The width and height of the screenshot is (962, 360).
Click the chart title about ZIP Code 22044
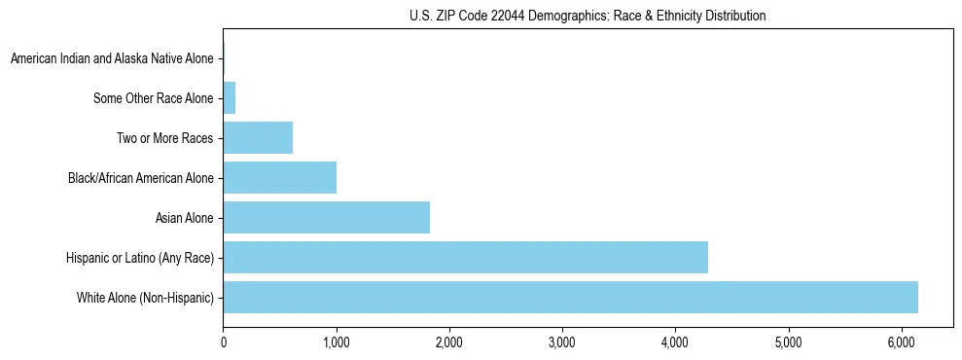(588, 16)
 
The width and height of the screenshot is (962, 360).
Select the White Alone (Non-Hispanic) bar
(570, 297)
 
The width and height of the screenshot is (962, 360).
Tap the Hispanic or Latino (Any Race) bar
(465, 257)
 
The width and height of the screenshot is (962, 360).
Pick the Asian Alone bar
(326, 217)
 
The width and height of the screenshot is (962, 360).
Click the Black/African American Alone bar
(279, 178)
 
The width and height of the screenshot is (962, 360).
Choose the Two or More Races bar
(258, 138)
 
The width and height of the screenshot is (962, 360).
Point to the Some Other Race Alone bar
(230, 98)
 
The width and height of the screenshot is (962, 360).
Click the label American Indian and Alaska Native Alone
(112, 59)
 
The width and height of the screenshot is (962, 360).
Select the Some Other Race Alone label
(154, 98)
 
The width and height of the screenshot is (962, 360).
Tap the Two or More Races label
(165, 138)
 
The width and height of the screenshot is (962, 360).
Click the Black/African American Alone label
(141, 178)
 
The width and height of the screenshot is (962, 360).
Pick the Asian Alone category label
(185, 217)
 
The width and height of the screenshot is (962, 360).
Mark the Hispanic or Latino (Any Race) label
(140, 257)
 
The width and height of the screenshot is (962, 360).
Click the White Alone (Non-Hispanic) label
(145, 297)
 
